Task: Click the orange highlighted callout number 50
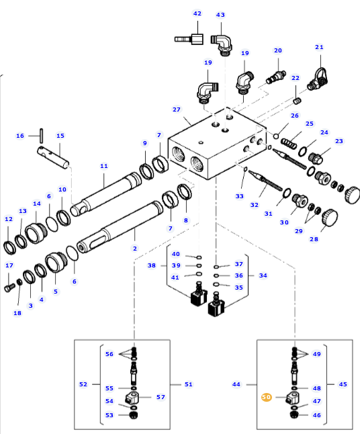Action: tap(266, 397)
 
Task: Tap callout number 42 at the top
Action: tap(197, 13)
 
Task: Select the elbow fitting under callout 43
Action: tap(222, 44)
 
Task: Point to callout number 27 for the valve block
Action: tap(176, 110)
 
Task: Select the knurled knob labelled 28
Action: tap(330, 218)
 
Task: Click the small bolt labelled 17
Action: tap(9, 288)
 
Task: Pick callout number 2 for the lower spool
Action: tap(135, 249)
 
